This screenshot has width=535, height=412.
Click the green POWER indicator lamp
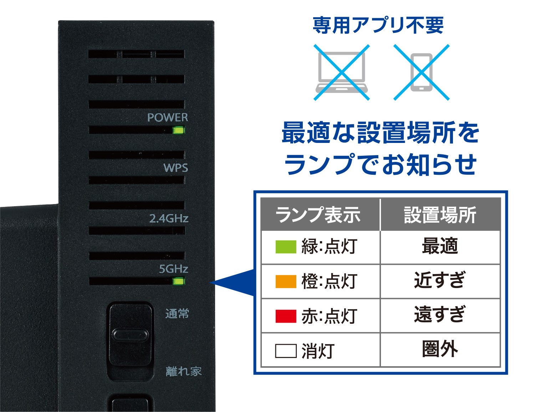coord(178,130)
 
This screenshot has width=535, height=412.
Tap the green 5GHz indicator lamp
coord(178,281)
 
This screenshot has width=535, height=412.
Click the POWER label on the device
coord(167,117)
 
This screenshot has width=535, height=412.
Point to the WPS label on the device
coord(175,168)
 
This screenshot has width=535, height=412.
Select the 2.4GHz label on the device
coord(168,218)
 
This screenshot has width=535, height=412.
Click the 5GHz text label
coord(173,269)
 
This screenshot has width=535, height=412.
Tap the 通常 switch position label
coord(177,314)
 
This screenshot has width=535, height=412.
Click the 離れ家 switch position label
coord(183,371)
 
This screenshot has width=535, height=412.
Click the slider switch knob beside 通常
coord(130,335)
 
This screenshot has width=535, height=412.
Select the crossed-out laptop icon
coord(341,73)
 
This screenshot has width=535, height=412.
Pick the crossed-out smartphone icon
coord(421,73)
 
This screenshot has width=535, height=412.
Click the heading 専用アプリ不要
coord(378,25)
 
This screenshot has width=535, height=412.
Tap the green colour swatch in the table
coord(286,247)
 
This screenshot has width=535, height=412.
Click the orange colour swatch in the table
coord(286,281)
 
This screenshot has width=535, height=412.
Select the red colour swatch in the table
coord(286,316)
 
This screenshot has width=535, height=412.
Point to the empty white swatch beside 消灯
coord(286,351)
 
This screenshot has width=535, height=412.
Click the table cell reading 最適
coord(440,246)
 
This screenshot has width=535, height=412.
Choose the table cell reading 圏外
coord(440,349)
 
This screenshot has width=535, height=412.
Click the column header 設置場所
coord(440,215)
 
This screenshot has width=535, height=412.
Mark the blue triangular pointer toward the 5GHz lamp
coord(235,283)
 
